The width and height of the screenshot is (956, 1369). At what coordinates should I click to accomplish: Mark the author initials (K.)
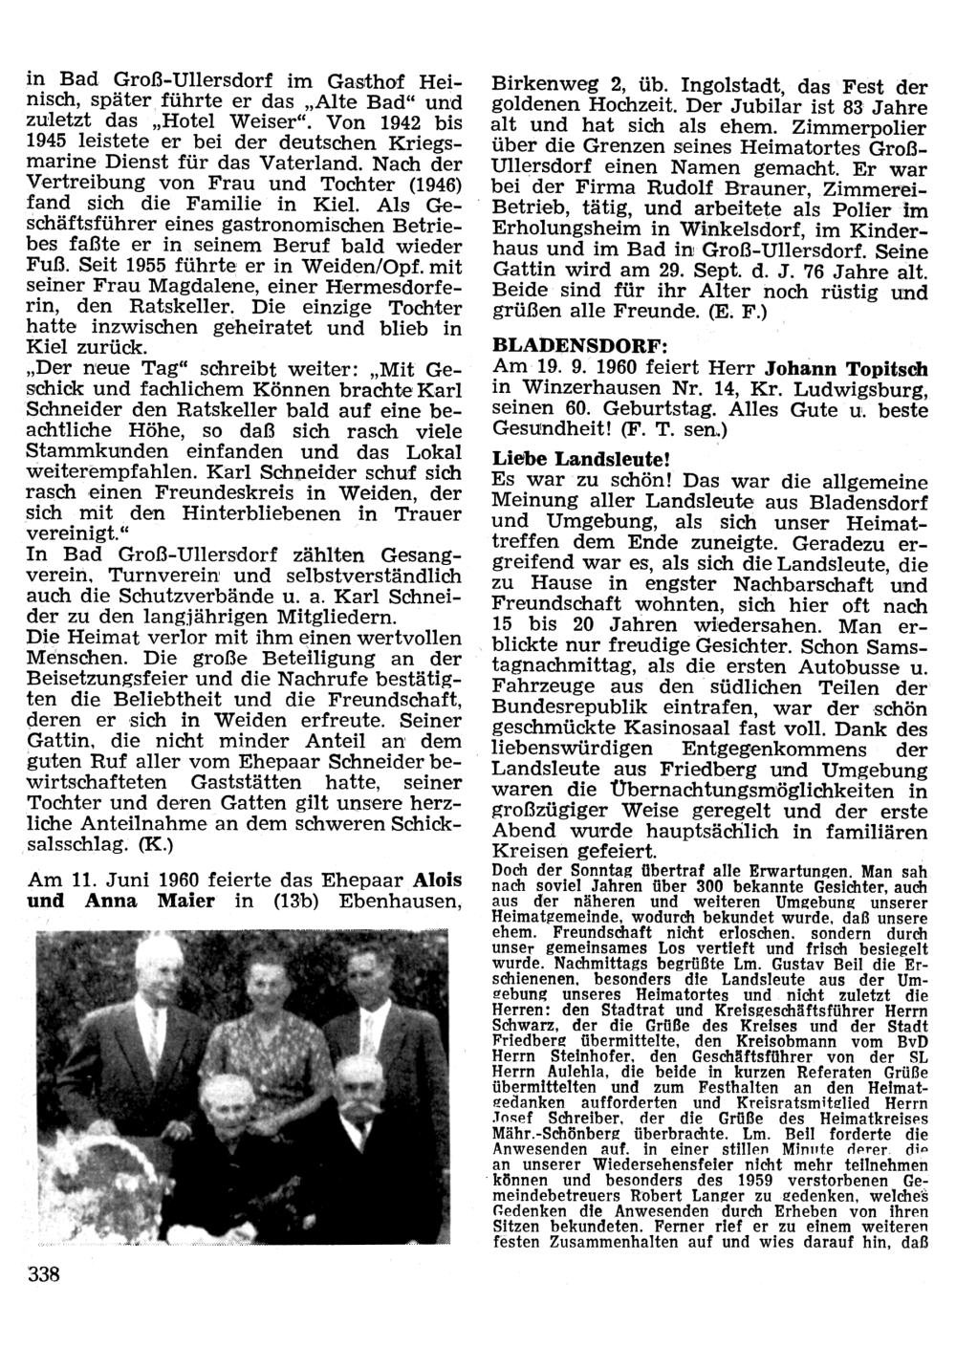[152, 845]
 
